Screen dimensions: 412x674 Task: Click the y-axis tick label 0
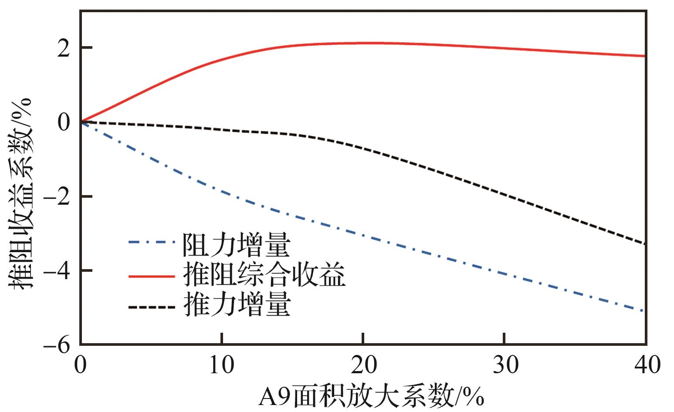click(64, 123)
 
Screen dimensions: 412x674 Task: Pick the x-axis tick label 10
click(222, 365)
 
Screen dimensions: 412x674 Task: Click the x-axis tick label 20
click(363, 365)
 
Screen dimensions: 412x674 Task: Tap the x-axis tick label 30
click(504, 365)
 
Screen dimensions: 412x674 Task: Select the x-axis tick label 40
click(645, 365)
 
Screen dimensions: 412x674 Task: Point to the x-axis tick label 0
click(81, 365)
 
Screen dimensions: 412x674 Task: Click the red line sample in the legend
click(152, 276)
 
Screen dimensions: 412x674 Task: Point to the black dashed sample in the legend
click(152, 307)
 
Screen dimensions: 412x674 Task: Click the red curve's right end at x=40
click(644, 56)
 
